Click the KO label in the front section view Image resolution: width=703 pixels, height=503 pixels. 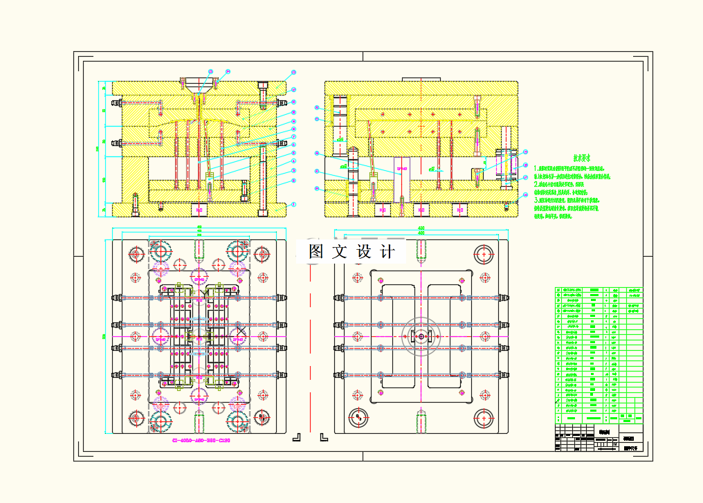click(200, 208)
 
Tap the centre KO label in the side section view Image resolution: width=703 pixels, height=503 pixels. click(420, 209)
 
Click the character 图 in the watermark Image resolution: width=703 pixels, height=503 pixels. click(317, 252)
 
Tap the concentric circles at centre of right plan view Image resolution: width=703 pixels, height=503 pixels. click(420, 336)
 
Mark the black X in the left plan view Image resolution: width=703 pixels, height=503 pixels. click(241, 330)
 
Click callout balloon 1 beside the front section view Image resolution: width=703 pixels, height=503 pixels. click(293, 205)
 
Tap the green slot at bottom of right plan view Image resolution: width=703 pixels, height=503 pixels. click(421, 419)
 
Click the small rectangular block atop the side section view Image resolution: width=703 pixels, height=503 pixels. click(421, 78)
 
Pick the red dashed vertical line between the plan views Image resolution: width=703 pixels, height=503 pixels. click(310, 346)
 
